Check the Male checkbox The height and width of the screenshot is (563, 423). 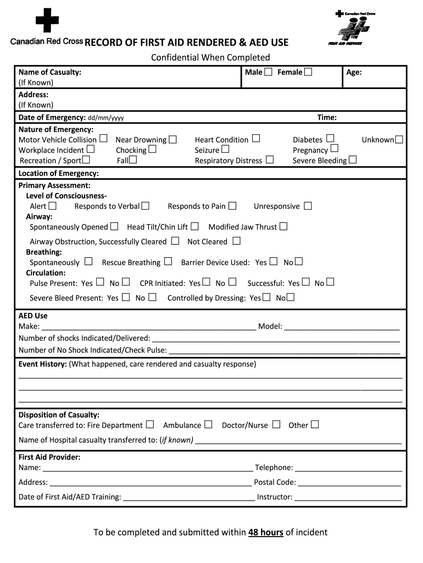(268, 72)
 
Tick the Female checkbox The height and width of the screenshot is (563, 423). (308, 72)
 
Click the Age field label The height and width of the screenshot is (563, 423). (354, 72)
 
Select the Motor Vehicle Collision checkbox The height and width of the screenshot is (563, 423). (103, 139)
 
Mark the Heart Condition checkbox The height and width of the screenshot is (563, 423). (255, 139)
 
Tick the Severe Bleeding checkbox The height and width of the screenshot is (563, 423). (353, 160)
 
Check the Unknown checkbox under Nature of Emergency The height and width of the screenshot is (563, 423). (399, 140)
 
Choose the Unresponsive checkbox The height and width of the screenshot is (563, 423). (308, 206)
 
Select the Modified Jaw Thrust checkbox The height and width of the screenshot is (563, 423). (283, 226)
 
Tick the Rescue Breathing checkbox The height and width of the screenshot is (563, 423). (168, 262)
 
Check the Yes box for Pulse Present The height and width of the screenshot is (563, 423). (100, 282)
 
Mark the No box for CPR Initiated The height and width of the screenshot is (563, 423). (232, 282)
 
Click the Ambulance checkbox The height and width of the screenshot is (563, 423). (208, 424)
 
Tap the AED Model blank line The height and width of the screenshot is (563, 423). (342, 327)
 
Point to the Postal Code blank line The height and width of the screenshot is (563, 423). (350, 483)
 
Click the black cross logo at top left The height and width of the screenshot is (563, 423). (47, 21)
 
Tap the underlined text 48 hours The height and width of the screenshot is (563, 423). (266, 532)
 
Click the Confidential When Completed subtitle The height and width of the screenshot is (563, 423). (211, 57)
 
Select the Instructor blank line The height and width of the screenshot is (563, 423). (348, 497)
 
